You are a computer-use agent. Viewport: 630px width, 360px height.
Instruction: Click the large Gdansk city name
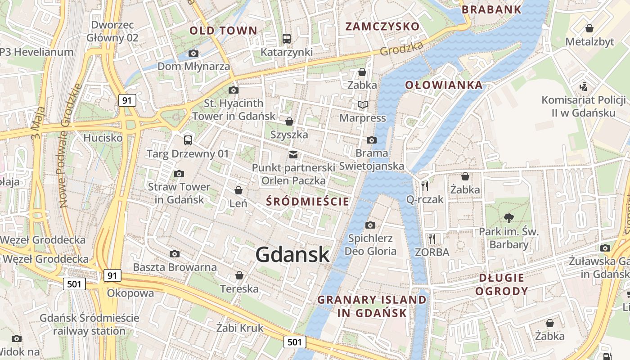click(292, 255)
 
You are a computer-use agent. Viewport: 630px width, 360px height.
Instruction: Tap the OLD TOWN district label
click(223, 31)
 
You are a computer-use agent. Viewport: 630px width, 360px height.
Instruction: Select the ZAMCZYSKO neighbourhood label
click(382, 26)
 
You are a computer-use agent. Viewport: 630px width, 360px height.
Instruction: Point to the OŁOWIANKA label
click(443, 85)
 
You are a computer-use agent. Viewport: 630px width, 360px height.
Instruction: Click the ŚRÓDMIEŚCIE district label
click(307, 201)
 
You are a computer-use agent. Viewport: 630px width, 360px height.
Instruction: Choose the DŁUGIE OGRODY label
click(501, 284)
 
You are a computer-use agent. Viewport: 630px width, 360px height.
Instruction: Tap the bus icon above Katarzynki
click(287, 39)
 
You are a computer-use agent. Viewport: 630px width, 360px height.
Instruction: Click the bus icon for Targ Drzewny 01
click(188, 140)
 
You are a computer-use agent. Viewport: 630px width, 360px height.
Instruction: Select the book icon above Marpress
click(362, 105)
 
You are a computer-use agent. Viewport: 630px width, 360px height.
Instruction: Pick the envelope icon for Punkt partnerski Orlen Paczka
click(293, 155)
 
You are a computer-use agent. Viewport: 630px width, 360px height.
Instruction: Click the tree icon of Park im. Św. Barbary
click(509, 218)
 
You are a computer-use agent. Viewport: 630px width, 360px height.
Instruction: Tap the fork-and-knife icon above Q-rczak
click(425, 186)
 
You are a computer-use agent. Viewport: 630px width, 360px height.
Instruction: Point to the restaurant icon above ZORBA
click(432, 238)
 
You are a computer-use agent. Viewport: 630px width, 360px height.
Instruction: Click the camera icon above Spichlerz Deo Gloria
click(370, 225)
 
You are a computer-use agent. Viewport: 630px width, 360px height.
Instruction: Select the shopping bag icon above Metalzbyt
click(589, 29)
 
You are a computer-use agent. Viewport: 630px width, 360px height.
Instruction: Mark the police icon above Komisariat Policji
click(583, 86)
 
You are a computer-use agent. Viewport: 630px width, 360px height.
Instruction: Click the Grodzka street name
click(402, 49)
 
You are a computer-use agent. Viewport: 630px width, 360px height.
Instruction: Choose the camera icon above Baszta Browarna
click(175, 254)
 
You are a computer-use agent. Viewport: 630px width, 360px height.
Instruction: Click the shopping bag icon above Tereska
click(239, 275)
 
